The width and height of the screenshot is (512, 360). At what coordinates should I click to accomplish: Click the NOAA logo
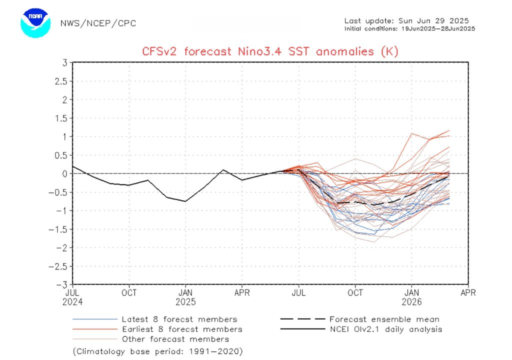pos(36,21)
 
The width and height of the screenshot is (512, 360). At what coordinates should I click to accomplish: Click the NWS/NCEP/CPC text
pos(98,23)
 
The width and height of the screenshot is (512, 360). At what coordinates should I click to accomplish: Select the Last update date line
pos(406,20)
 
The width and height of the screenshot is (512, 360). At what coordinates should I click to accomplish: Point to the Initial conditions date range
pos(409,28)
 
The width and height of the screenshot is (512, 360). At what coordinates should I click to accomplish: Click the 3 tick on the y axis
pos(64,62)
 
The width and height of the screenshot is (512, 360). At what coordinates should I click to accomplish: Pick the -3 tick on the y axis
pos(62,284)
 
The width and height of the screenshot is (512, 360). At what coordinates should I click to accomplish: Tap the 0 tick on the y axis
pos(64,173)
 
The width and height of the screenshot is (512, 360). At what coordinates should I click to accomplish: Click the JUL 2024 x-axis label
pos(73,297)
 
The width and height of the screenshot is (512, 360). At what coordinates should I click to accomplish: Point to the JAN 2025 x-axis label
pos(185,297)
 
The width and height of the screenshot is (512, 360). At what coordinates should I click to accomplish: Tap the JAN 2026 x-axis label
pos(412,297)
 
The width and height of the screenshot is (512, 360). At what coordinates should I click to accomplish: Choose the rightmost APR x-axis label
pos(468,292)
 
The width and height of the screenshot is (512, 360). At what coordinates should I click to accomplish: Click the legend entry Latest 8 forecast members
pos(179,319)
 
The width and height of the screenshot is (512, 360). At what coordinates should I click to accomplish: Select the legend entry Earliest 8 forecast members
pos(181,329)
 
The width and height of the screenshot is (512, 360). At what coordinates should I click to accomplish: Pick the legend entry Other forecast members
pos(175,339)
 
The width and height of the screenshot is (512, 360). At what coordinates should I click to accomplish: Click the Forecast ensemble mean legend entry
pos(384,319)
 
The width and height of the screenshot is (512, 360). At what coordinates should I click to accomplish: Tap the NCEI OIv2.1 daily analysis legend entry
pos(385,329)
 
